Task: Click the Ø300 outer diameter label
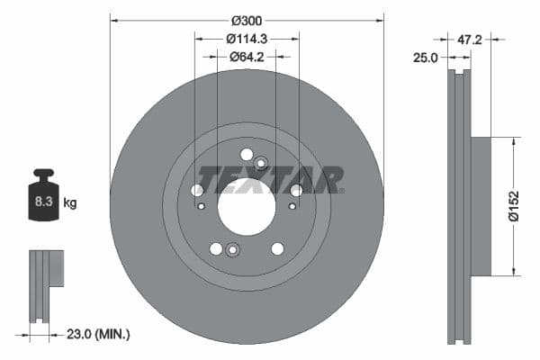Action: coord(247,21)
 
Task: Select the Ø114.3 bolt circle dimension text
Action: coord(247,39)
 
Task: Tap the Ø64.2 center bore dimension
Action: coord(247,57)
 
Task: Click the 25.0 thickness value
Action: coord(425,57)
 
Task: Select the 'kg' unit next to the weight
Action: coord(70,202)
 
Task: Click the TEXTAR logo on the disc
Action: coord(270,179)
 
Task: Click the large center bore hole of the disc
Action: coord(246,206)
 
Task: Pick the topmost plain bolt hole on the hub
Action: coord(247,155)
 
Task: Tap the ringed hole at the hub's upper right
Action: coord(261,163)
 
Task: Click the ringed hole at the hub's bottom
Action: coord(232,250)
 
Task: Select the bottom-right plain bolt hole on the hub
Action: coord(277,248)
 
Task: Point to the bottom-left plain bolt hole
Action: coord(216,248)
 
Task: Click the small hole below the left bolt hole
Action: coord(202,206)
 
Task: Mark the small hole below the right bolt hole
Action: coord(291,206)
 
